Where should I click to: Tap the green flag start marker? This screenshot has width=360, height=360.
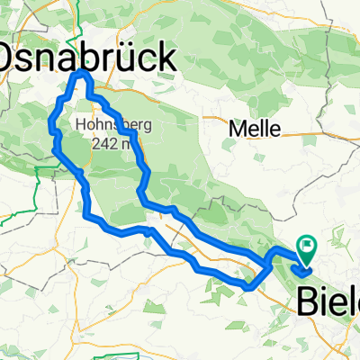(307, 243)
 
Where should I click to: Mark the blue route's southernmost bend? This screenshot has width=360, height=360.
(247, 288)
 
